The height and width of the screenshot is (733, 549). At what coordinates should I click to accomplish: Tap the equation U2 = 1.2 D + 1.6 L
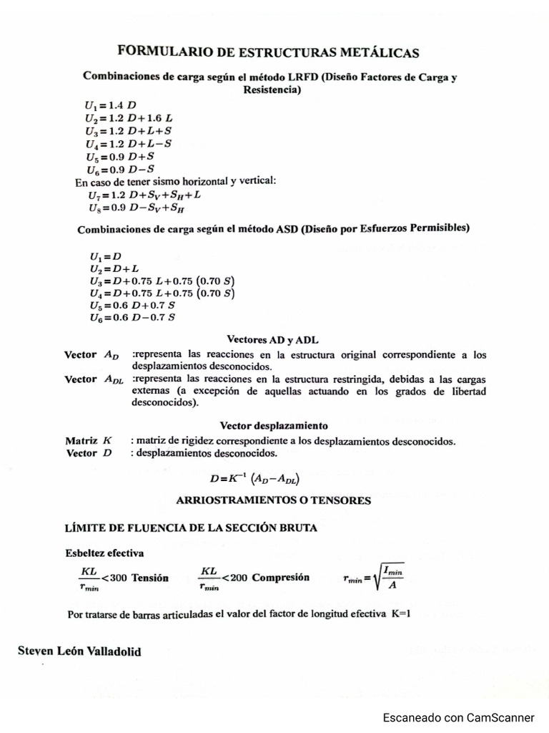[x=129, y=117]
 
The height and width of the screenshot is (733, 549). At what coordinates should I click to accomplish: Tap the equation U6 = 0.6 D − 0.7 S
[x=132, y=317]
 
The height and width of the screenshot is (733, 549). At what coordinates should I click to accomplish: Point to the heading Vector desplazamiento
[x=274, y=425]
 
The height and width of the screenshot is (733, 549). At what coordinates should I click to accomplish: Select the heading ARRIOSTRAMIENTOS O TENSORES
[x=273, y=501]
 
